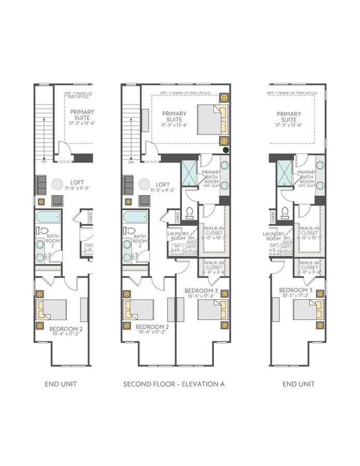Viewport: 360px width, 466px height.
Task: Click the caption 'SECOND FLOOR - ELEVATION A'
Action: pos(174,384)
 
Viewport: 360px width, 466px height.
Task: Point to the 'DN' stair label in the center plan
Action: pos(130,162)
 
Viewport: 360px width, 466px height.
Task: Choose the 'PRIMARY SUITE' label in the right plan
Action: pos(289,117)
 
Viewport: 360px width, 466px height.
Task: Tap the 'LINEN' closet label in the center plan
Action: pos(178,216)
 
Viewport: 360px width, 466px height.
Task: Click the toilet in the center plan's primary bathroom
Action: pos(189,212)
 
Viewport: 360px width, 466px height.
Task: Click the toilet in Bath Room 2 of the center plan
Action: pos(131,231)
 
